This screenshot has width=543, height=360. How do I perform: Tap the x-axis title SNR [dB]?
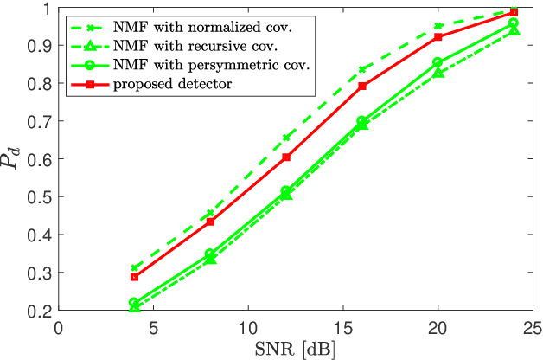pos(297,349)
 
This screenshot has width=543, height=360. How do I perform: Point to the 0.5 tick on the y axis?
pos(42,197)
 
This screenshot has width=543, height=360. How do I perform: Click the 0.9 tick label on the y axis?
pos(42,46)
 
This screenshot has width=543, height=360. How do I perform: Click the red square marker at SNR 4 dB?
pos(134,276)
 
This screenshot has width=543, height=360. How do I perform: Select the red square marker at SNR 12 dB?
pos(286,157)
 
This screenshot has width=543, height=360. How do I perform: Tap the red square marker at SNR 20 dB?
pos(438,37)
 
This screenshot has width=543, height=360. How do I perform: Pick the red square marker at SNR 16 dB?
pos(362,87)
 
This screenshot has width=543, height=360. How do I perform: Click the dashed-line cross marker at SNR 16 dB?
pos(362,69)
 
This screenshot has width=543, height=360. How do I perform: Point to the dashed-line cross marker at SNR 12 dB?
pos(286,138)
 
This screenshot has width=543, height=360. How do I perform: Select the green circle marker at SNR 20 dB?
pos(438,62)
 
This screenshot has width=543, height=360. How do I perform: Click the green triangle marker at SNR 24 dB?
pos(514,30)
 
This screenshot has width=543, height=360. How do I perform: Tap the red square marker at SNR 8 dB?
pos(210,222)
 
